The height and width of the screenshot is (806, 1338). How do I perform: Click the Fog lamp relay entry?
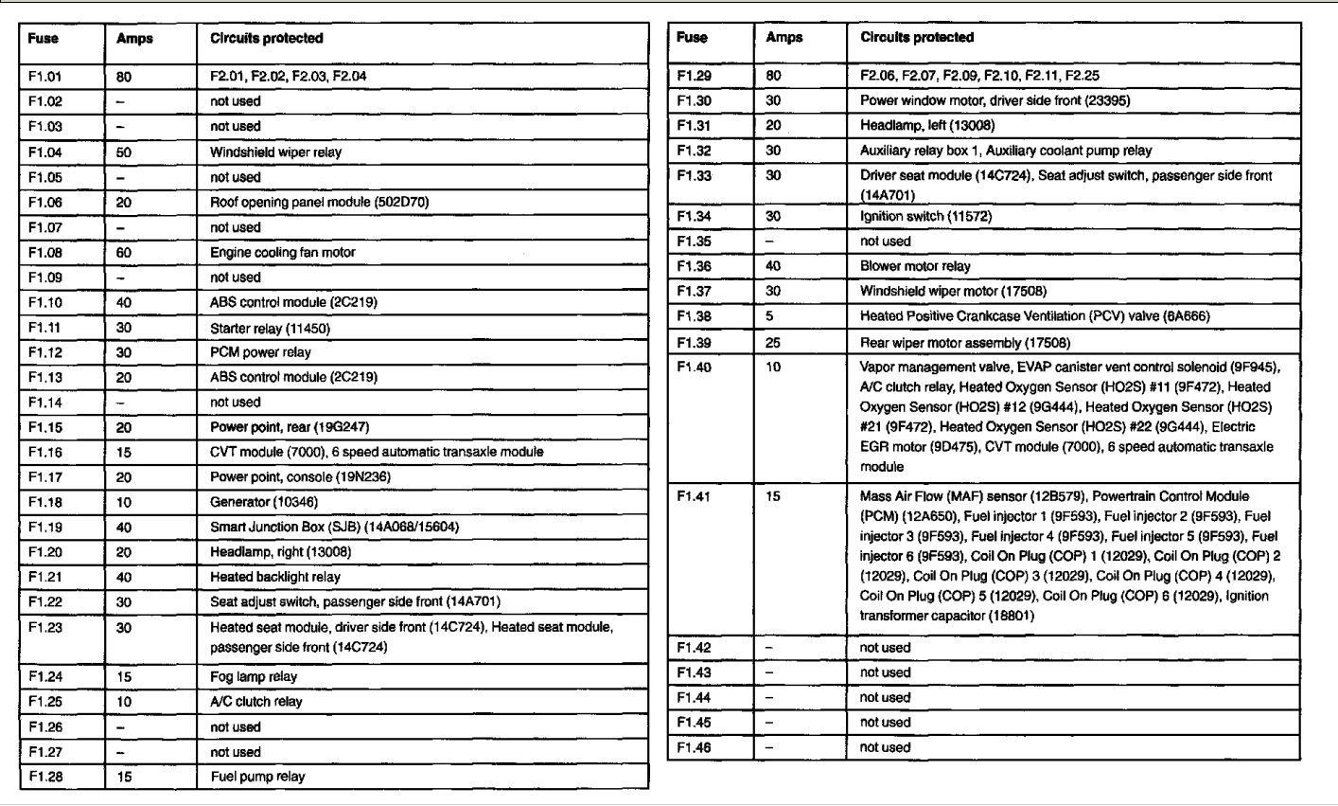[253, 676]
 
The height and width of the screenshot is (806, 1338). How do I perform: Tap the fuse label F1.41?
[694, 496]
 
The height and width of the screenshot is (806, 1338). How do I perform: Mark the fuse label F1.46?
[694, 747]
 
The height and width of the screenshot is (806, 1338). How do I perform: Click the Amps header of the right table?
[783, 38]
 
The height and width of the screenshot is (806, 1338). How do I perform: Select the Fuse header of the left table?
[43, 39]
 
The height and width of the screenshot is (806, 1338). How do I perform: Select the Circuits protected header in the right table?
[917, 38]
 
